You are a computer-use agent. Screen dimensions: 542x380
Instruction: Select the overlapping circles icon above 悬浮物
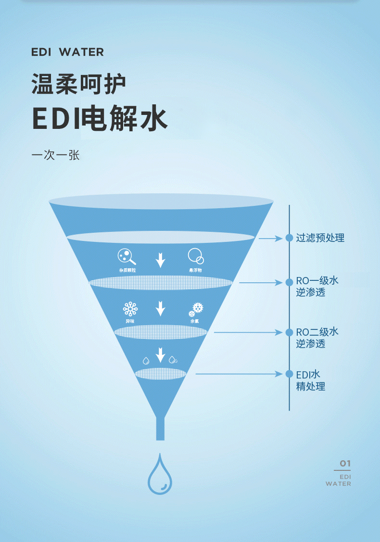(195, 256)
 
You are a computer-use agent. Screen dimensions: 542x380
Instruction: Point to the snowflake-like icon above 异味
(130, 309)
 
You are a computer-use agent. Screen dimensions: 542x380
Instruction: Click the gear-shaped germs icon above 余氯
(196, 309)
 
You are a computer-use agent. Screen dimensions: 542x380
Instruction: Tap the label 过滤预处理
(320, 238)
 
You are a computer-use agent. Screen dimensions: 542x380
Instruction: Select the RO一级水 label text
(317, 280)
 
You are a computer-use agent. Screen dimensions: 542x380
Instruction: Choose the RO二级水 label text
(317, 331)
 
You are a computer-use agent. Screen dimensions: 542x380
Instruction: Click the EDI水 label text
(308, 374)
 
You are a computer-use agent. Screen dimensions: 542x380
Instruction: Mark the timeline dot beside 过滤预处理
(289, 238)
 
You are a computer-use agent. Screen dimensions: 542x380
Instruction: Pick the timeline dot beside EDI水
(289, 374)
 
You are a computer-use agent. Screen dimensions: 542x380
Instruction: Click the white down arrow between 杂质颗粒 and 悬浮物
(160, 260)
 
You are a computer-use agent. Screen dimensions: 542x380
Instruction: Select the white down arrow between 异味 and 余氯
(160, 308)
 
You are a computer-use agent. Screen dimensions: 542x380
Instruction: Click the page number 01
(345, 464)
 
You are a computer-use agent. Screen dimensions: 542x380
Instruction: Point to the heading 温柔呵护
(79, 84)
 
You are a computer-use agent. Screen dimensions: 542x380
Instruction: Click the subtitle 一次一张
(55, 155)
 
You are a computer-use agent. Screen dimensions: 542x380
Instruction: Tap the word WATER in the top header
(81, 52)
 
